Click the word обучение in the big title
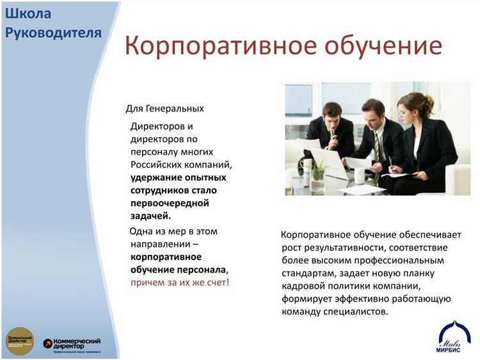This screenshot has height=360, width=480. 380,47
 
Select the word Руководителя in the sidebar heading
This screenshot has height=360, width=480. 53,33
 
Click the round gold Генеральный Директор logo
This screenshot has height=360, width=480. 19,341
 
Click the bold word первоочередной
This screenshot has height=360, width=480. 170,203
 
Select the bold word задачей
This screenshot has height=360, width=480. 151,216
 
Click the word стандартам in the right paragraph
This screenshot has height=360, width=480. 306,273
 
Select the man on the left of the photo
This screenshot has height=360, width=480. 330,131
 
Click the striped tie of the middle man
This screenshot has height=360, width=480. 378,147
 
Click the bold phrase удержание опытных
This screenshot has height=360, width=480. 178,177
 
